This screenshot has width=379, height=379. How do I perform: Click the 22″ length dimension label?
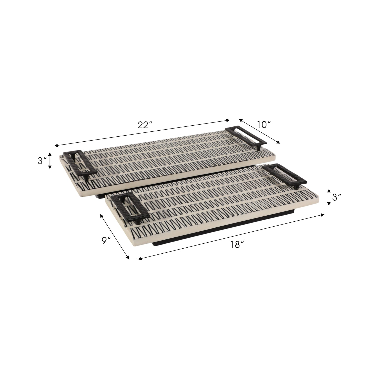(145, 125)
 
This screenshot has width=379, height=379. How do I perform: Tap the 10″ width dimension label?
(264, 125)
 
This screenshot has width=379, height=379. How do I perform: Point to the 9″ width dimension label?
(106, 241)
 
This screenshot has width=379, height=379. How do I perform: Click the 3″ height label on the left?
(42, 161)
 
